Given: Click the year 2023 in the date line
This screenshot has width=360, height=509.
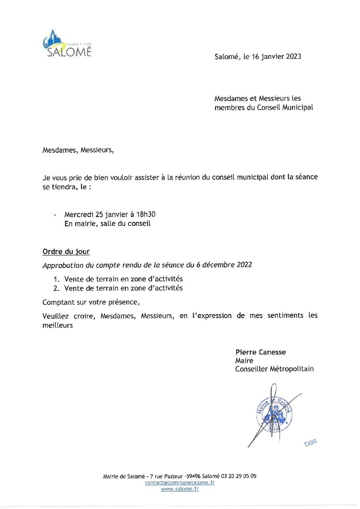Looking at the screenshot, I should (x=293, y=56).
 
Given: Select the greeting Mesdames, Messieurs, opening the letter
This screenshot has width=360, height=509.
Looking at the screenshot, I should (x=78, y=150).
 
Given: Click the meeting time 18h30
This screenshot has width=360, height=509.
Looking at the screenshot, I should (x=146, y=214).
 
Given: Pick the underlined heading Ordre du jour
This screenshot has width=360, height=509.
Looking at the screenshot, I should (x=66, y=252).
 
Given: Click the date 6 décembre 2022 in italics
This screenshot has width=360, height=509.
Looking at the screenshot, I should (x=224, y=265).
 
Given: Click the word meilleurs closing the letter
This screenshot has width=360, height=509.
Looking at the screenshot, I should (x=58, y=325).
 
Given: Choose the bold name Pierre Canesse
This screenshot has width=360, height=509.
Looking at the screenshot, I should (x=261, y=352).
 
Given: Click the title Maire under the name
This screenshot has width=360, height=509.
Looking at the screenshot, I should (x=244, y=361).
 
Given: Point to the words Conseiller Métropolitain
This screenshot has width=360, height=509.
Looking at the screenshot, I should (x=274, y=369).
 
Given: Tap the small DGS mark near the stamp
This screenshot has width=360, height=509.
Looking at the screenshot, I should (x=311, y=443).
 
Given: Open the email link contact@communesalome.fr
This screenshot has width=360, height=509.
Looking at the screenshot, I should (x=180, y=482).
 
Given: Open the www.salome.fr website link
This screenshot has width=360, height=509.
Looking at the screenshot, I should (x=180, y=489).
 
